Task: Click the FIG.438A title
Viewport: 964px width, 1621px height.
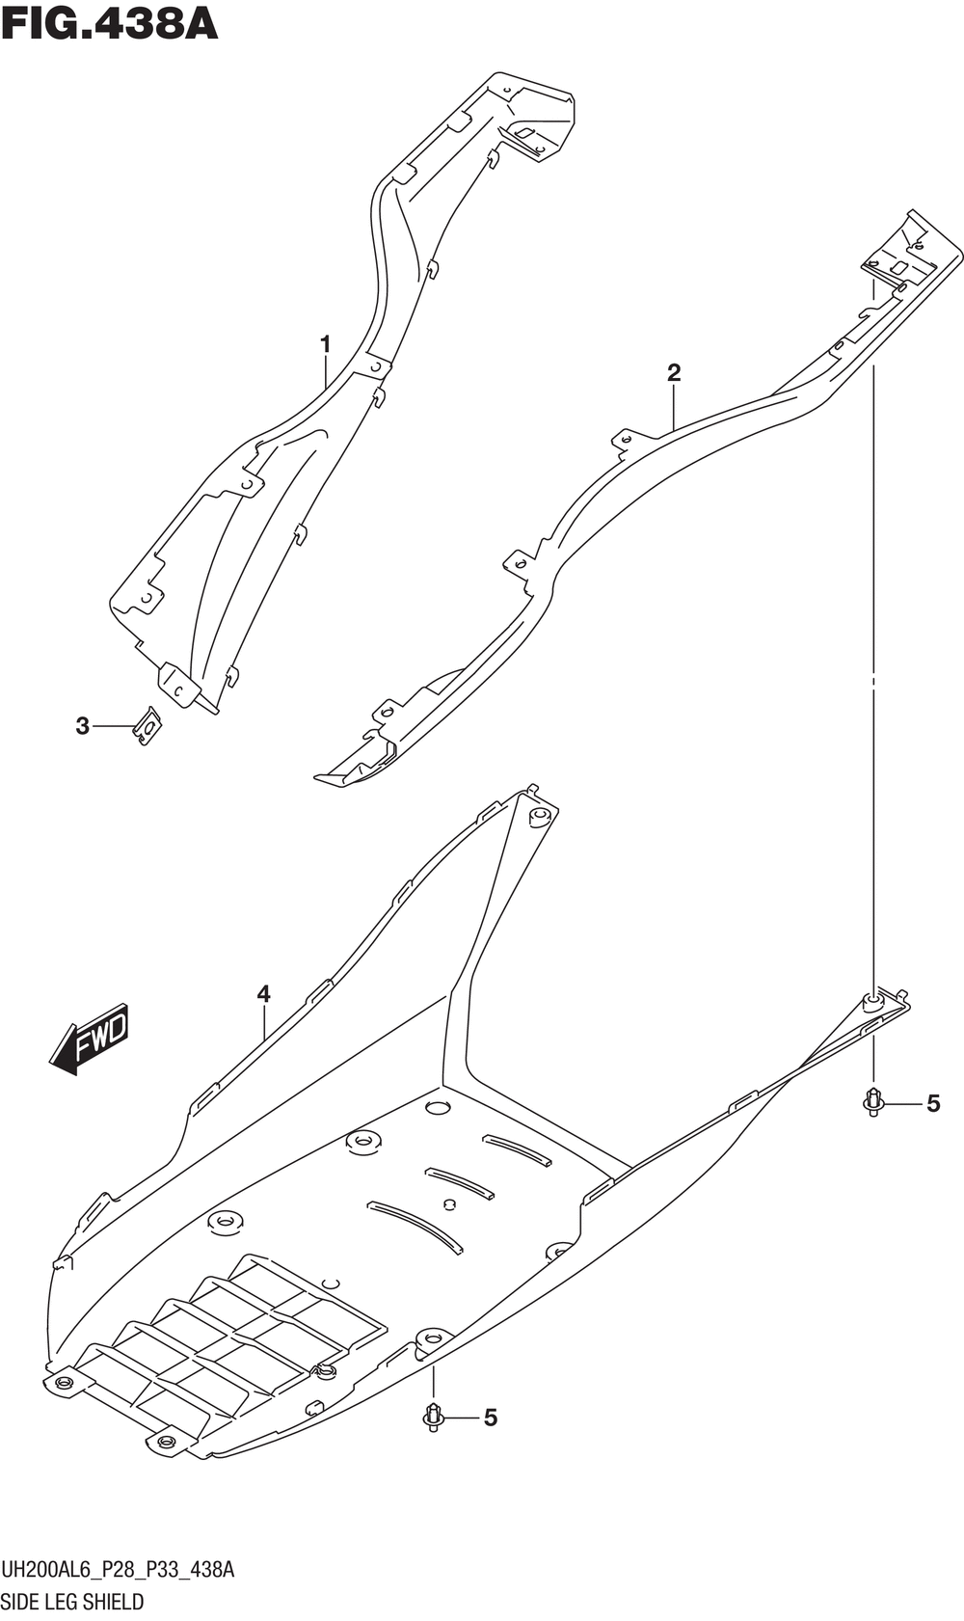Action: click(109, 23)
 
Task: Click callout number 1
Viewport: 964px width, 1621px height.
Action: click(326, 344)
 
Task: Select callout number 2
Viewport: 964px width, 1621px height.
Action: click(674, 373)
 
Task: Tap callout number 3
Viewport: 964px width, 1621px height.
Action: click(83, 725)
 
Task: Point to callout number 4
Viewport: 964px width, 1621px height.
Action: click(263, 994)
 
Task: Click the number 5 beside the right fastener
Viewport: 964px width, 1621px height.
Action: click(932, 1103)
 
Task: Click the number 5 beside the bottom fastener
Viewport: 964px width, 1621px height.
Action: click(490, 1418)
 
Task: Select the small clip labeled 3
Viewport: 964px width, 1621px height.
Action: click(147, 725)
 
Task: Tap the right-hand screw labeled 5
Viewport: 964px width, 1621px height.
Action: click(873, 1101)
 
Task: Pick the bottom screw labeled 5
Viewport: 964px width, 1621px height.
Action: click(433, 1417)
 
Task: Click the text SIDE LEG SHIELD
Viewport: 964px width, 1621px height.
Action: click(72, 1603)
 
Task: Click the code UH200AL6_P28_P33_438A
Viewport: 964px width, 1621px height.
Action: click(117, 1570)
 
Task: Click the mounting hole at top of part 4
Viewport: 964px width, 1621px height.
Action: click(539, 819)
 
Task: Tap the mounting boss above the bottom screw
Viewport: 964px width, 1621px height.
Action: click(432, 1337)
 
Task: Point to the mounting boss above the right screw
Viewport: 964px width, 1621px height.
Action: click(872, 1001)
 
